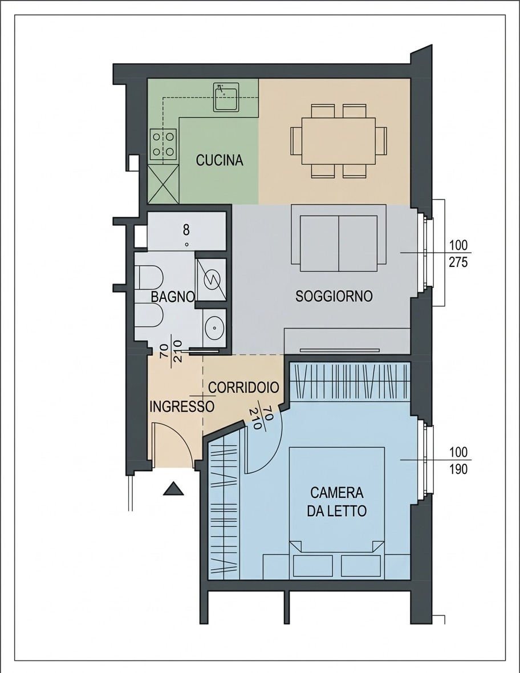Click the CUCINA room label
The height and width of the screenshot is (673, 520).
220,160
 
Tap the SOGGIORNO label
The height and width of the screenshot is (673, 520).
334,296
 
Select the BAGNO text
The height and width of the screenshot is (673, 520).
173,297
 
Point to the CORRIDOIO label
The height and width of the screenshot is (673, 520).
243,387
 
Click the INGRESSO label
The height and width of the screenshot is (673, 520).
181,407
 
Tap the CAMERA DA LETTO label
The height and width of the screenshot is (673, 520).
337,501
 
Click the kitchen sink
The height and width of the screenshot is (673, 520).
226,97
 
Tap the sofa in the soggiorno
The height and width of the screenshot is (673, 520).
339,238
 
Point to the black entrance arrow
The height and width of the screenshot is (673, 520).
173,488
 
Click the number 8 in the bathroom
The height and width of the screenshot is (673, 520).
186,230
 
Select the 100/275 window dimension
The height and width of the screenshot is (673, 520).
458,254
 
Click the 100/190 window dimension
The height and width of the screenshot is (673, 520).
458,460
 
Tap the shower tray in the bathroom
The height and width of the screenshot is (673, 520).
210,280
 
